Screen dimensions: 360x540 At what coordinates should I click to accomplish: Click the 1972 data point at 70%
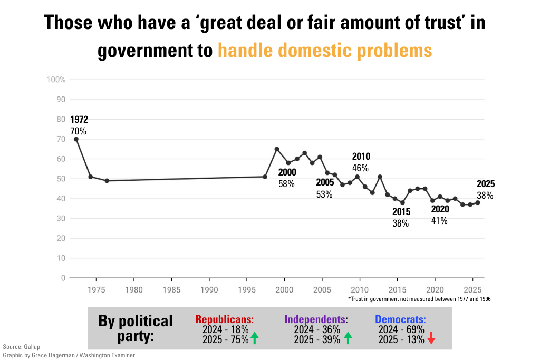[76, 139]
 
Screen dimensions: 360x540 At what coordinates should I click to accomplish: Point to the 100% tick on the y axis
[56, 80]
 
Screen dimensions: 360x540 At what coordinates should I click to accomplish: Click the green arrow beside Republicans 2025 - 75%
[255, 338]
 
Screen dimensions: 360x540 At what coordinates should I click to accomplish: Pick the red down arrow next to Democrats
[431, 338]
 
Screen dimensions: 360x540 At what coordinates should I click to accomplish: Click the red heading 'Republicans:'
[225, 320]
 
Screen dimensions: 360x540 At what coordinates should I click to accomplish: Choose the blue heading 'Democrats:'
[400, 320]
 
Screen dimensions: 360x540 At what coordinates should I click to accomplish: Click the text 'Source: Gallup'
[21, 347]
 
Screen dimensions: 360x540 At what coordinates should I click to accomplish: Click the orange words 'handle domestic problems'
[325, 51]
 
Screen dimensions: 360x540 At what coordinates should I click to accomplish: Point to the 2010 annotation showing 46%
[361, 162]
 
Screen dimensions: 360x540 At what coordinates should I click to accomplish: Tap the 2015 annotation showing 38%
[401, 218]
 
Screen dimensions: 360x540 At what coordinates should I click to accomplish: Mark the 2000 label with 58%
[287, 178]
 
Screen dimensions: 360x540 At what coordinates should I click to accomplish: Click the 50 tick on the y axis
[61, 179]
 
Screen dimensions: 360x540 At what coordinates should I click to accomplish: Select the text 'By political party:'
[136, 328]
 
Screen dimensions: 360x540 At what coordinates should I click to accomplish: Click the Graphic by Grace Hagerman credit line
[69, 355]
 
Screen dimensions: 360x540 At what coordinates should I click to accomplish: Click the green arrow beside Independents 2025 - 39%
[348, 338]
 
